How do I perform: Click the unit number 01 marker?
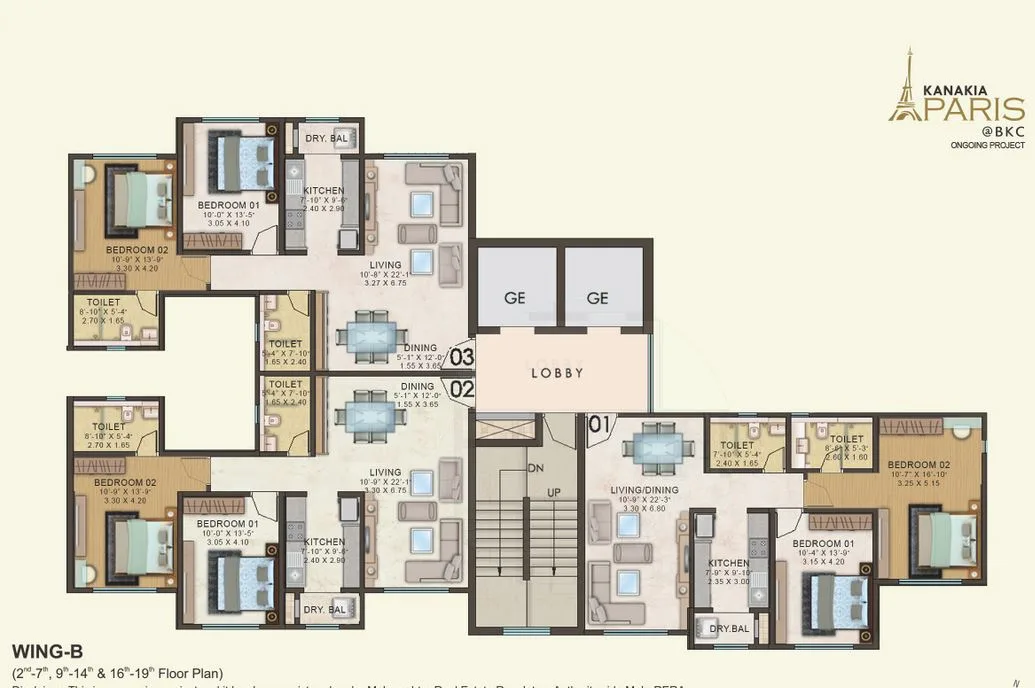(x=599, y=424)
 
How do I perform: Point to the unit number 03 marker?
(x=461, y=355)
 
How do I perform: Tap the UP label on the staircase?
(x=553, y=493)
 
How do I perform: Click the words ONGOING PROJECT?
(x=987, y=146)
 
